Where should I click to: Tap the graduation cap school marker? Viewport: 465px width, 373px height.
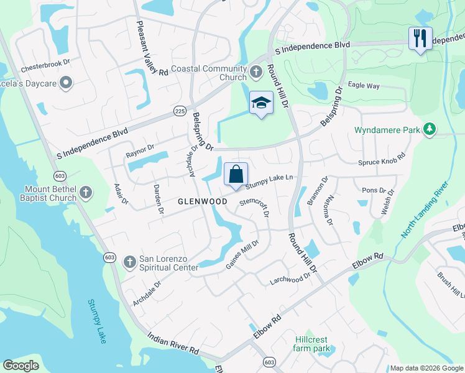tap(261, 103)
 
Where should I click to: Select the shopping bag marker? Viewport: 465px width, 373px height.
tap(236, 174)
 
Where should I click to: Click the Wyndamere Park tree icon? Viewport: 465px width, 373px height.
tap(429, 130)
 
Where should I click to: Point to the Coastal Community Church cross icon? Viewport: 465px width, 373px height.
tap(256, 73)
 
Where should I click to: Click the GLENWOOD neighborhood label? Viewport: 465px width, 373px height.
tap(202, 201)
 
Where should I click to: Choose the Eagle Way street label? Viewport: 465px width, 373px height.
tap(364, 85)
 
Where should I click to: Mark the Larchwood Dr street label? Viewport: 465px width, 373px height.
tap(290, 279)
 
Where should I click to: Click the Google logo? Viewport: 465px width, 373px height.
tap(21, 366)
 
